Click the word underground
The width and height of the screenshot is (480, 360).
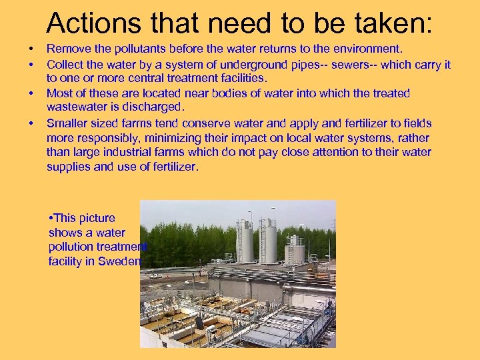[x=231, y=65]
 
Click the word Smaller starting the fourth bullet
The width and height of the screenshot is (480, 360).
[x=69, y=123]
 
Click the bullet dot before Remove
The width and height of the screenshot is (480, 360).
[x=31, y=49]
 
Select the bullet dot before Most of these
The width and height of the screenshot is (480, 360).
[x=31, y=93]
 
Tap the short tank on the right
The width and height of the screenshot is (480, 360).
[x=295, y=251]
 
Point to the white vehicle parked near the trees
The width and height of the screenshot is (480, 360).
[x=155, y=274]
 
